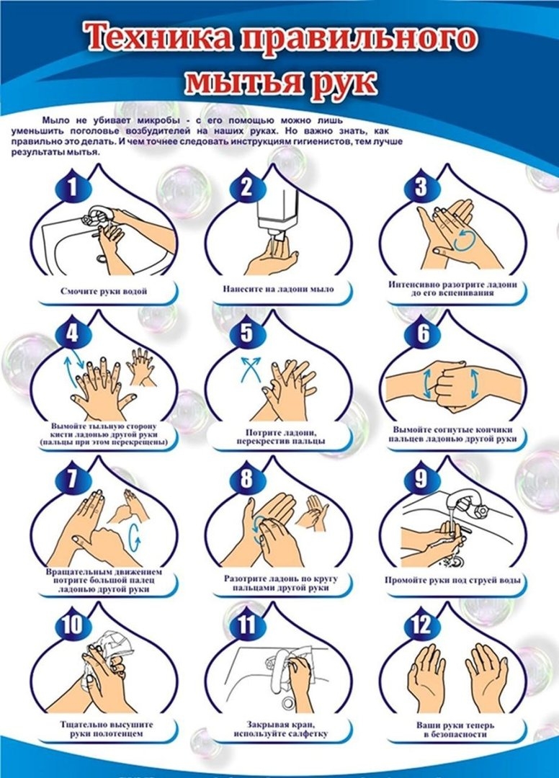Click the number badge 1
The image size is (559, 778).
click(73, 188)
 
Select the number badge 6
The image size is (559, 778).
click(423, 333)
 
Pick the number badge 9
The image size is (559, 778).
click(421, 478)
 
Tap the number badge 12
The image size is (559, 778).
click(421, 624)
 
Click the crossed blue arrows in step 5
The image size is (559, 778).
click(251, 369)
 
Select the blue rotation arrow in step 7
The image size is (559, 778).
click(134, 537)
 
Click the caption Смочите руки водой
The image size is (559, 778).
click(104, 291)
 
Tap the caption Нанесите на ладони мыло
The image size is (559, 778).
click(278, 289)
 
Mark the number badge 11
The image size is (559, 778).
click(246, 624)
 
